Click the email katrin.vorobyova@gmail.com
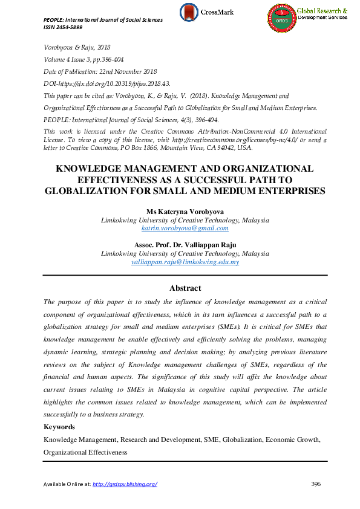pos(185,228)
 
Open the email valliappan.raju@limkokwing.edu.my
pos(185,262)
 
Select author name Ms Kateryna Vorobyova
pos(185,212)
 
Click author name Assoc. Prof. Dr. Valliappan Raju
pos(185,245)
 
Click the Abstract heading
pos(185,288)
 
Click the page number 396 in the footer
pos(315,484)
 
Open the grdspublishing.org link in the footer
pos(125,484)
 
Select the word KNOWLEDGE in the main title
pos(89,169)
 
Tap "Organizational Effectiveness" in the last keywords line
pos(85,452)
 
